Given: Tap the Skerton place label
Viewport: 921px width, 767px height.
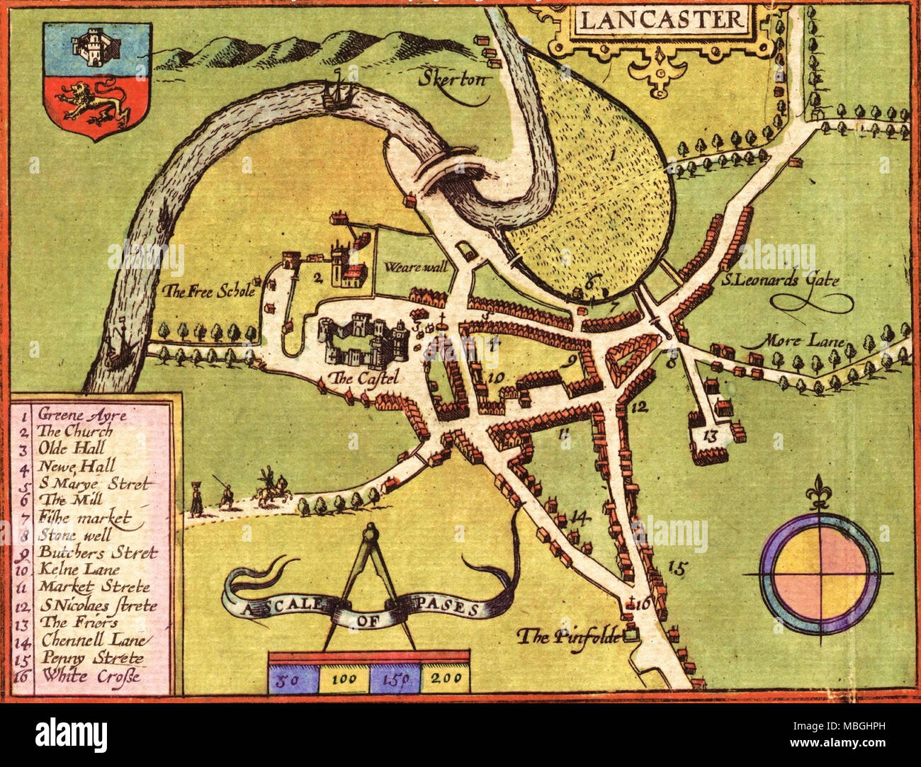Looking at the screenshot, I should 453,79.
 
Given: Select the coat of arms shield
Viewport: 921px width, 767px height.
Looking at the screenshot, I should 97,79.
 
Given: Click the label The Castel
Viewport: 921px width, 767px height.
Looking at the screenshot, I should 360,378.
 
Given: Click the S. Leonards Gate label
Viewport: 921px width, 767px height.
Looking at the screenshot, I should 779,280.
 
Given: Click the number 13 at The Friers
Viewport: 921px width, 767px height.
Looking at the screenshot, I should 711,436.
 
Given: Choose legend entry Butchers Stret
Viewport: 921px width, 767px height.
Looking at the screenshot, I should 98,553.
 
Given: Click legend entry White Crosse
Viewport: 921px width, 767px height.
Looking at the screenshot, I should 91,676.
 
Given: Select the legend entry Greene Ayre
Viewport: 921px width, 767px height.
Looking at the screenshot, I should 82,415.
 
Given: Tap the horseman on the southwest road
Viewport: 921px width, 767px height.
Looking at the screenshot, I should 271,489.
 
